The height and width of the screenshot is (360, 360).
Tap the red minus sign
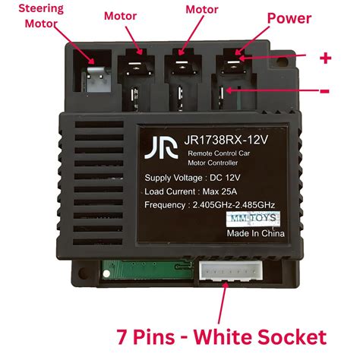325,91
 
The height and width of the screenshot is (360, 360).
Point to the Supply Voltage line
191,178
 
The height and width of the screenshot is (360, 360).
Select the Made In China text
254,235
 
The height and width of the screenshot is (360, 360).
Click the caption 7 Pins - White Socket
221,336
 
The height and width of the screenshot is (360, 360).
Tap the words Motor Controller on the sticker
215,162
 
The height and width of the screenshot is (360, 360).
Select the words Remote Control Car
219,153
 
